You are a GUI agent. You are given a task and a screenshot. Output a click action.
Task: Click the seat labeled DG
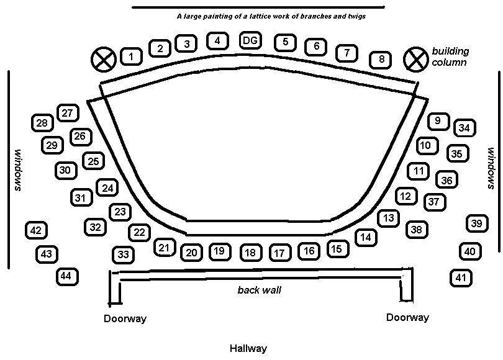pyautogui.click(x=250, y=41)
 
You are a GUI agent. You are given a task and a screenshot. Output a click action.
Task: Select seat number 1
pyautogui.click(x=131, y=57)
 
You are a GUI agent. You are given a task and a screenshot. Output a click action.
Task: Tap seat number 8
pyautogui.click(x=381, y=60)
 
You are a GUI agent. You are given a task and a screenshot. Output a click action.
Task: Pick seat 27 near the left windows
pyautogui.click(x=68, y=113)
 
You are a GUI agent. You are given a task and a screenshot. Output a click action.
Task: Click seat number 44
pyautogui.click(x=66, y=276)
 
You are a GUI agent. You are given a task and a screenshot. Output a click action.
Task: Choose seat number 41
pyautogui.click(x=460, y=277)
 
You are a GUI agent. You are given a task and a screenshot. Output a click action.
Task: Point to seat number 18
pyautogui.click(x=250, y=253)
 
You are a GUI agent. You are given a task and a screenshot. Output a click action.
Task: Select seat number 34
pyautogui.click(x=464, y=128)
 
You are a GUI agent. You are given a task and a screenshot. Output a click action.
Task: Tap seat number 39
pyautogui.click(x=476, y=223)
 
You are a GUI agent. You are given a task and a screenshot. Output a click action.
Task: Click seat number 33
pyautogui.click(x=124, y=254)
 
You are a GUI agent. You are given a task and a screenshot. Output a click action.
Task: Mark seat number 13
pyautogui.click(x=388, y=218)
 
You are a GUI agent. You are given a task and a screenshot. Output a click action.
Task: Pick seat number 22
pyautogui.click(x=139, y=233)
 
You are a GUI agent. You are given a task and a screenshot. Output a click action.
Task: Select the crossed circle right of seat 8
pyautogui.click(x=414, y=60)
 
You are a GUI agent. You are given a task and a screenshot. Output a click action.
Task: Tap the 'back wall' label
pyautogui.click(x=256, y=290)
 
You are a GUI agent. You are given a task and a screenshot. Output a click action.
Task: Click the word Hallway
pyautogui.click(x=248, y=348)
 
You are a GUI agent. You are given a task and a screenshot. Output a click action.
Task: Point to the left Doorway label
pyautogui.click(x=125, y=319)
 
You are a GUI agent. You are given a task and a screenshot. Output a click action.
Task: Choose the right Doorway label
pyautogui.click(x=407, y=318)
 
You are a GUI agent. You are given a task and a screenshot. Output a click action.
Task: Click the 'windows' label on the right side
pyautogui.click(x=491, y=169)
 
